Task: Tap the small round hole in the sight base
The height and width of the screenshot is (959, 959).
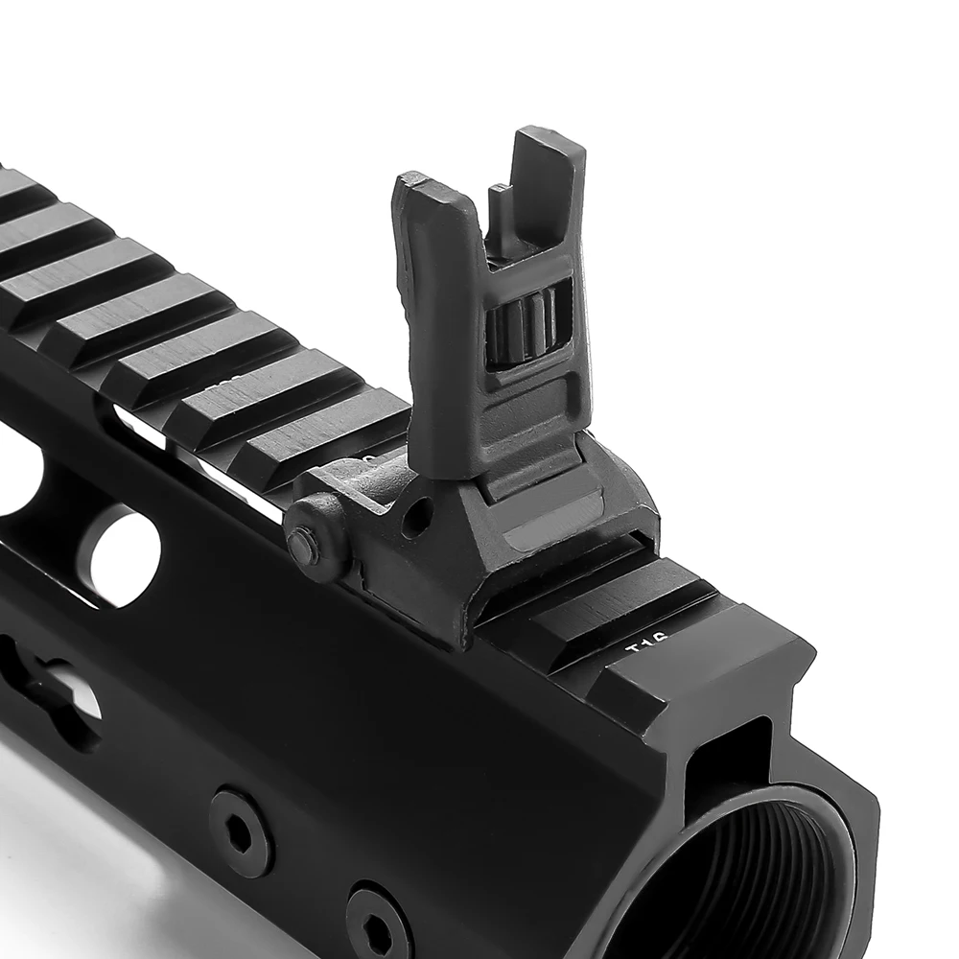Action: (x=415, y=519)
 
